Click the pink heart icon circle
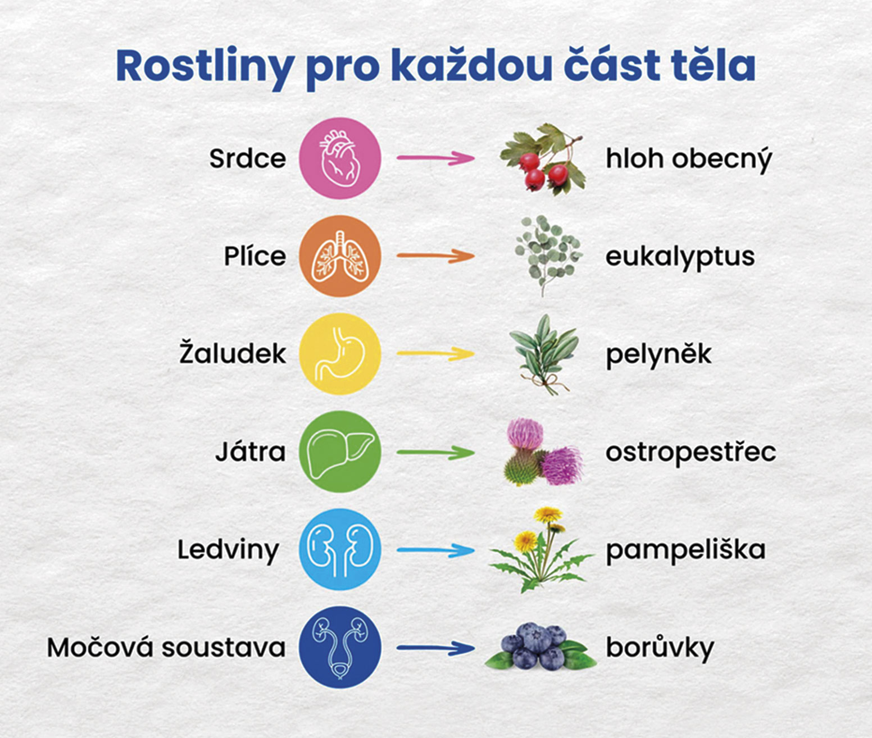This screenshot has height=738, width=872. pyautogui.click(x=340, y=158)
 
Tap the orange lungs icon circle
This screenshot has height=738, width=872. pyautogui.click(x=340, y=256)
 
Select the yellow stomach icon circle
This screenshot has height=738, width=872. pyautogui.click(x=340, y=354)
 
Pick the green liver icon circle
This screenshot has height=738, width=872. pyautogui.click(x=340, y=452)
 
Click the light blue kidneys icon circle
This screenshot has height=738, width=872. pyautogui.click(x=340, y=549)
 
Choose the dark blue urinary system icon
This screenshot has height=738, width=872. pyautogui.click(x=340, y=648)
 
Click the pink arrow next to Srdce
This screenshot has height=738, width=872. pyautogui.click(x=436, y=158)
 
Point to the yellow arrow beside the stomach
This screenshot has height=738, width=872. pyautogui.click(x=436, y=353)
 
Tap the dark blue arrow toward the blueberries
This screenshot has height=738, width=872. pyautogui.click(x=436, y=648)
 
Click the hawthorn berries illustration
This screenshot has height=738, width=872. pyautogui.click(x=543, y=159)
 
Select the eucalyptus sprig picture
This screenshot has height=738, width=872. pyautogui.click(x=548, y=256)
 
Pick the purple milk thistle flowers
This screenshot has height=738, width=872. pyautogui.click(x=544, y=452)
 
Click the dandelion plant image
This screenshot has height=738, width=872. pyautogui.click(x=541, y=550)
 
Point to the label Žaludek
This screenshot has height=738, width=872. pyautogui.click(x=233, y=353)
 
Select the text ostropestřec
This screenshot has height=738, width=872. pyautogui.click(x=691, y=453)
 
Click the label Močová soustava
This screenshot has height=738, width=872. pyautogui.click(x=166, y=648)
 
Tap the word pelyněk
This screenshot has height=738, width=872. pyautogui.click(x=658, y=355)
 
